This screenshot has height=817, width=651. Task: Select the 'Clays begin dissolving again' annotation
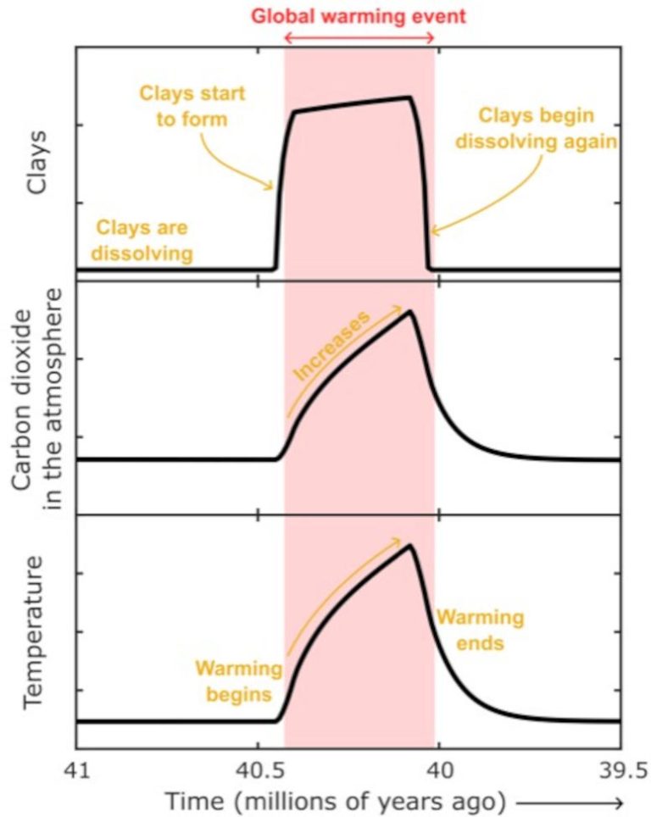click(536, 128)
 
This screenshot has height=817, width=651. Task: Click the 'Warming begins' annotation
click(238, 681)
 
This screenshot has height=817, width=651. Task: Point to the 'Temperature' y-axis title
click(34, 631)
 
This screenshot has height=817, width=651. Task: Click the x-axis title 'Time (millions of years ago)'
click(336, 799)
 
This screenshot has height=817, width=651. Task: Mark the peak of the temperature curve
click(410, 544)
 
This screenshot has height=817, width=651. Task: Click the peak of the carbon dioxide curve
click(410, 311)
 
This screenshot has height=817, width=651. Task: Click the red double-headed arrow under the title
click(360, 38)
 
